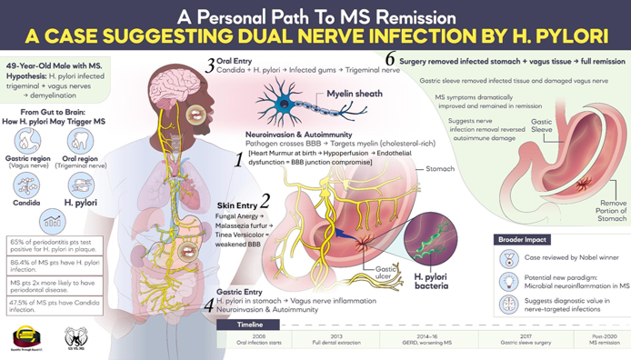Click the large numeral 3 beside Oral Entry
pos(210,65)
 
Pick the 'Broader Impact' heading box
pos(534,238)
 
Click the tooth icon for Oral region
pos(77,142)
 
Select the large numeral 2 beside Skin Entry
pos(265,199)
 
